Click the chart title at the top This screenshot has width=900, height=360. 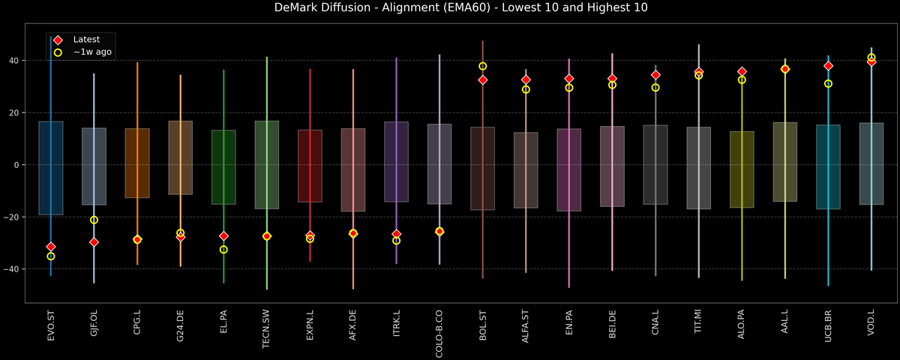449,8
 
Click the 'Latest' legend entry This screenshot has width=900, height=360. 85,39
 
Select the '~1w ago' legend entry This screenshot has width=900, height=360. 92,52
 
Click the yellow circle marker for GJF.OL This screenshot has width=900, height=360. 94,220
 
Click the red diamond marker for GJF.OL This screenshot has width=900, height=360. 94,242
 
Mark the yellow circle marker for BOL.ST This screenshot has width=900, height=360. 483,66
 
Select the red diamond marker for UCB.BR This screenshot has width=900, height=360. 828,66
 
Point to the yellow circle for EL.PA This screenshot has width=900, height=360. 223,249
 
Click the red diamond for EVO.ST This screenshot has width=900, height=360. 51,247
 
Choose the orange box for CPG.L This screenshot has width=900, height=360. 137,163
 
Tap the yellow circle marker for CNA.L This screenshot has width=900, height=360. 655,87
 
